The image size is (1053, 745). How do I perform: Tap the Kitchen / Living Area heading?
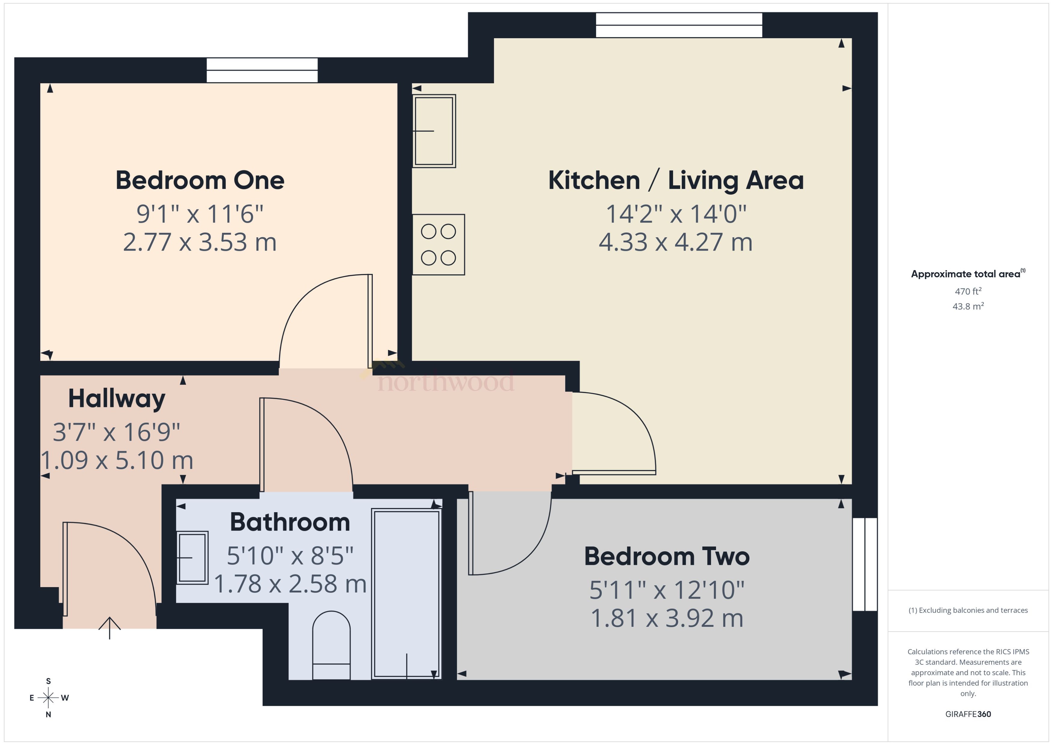tap(676, 180)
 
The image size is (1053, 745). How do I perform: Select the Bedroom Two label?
tap(667, 556)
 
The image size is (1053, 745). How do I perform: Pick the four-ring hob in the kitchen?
tap(438, 245)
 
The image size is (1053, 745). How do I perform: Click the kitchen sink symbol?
tap(434, 131)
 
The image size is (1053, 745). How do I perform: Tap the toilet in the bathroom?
tap(331, 645)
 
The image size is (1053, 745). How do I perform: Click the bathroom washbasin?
tap(192, 557)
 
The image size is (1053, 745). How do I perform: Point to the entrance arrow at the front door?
tap(109, 628)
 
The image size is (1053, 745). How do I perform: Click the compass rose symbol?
tap(48, 698)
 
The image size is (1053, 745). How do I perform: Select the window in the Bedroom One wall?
tap(262, 70)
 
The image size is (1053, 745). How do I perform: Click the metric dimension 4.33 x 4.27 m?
tap(675, 242)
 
